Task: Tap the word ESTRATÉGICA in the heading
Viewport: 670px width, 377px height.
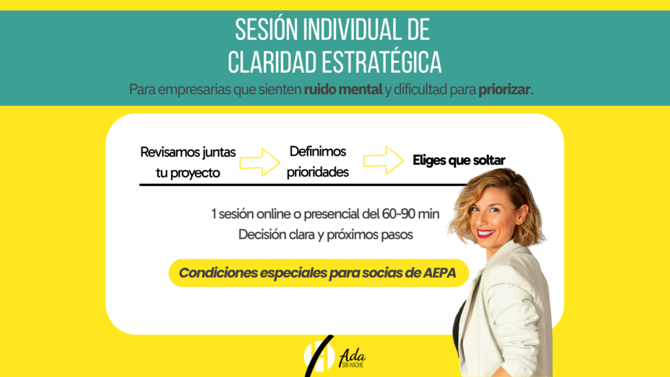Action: pos(381,62)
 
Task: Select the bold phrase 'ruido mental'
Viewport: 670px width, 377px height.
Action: pos(343,90)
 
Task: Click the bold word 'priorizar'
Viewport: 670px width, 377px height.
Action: pos(504,90)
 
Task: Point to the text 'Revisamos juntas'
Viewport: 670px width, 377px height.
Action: pos(188,152)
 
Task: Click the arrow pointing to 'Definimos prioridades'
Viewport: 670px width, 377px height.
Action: pos(259,162)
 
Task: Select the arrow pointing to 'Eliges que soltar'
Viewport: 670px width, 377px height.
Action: pos(383,160)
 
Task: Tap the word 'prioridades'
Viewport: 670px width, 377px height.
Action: pos(317,172)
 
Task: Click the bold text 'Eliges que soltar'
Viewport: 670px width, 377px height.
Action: pos(459,160)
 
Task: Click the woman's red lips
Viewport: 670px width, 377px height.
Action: pos(486,234)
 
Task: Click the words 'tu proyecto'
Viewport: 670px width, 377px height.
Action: pos(188,173)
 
